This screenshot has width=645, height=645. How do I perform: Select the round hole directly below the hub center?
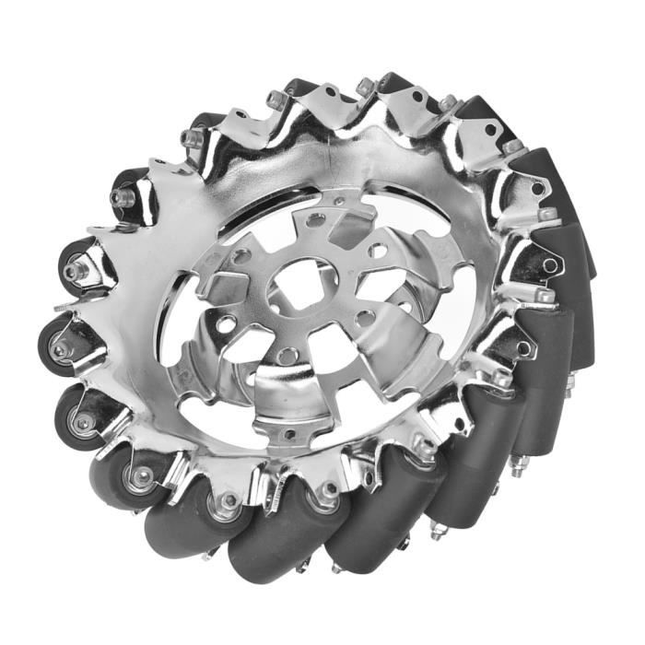pyautogui.click(x=287, y=354)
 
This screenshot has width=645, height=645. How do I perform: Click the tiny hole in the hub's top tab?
pyautogui.click(x=340, y=200)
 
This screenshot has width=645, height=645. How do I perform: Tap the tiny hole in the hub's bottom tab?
pyautogui.click(x=288, y=433)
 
